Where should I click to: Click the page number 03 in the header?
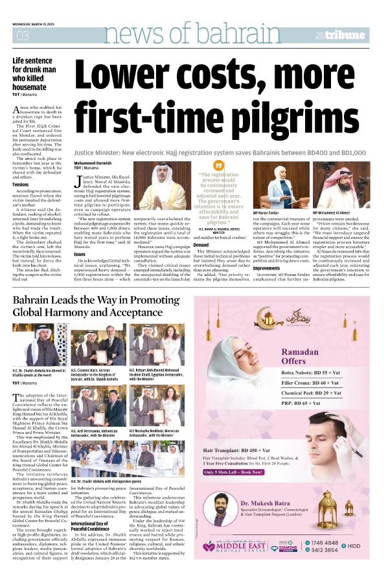click(23, 35)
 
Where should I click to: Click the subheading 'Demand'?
click(201, 246)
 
